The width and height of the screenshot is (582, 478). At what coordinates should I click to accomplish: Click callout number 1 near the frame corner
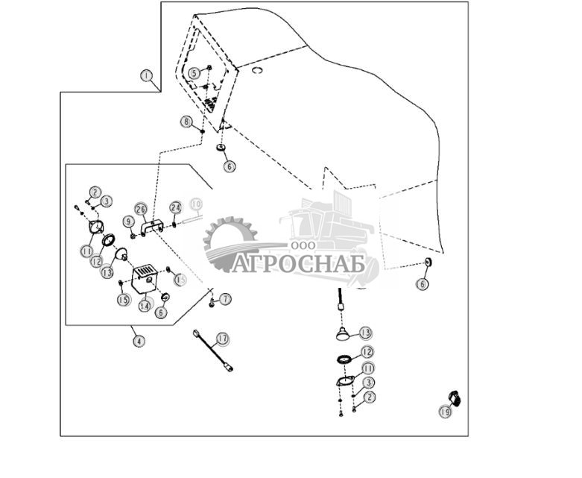pos(146,76)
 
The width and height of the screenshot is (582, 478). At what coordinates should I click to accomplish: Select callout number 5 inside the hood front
pos(194,73)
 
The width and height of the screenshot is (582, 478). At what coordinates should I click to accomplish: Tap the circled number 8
pos(186,122)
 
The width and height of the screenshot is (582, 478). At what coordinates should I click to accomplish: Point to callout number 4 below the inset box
pos(139,341)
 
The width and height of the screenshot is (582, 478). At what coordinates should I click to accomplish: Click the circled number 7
pos(225,298)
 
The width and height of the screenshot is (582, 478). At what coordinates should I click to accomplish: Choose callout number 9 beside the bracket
pos(129,221)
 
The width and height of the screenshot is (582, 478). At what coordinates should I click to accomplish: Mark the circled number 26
pos(141,209)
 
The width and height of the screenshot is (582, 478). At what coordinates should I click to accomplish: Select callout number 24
pos(175,207)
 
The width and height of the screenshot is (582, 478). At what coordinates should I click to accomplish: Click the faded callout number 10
pos(195,204)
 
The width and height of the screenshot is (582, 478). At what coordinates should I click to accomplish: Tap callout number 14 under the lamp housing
pos(145,305)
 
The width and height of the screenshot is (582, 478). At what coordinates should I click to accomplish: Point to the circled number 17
pos(222,339)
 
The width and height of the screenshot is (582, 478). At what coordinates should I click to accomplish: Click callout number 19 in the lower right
pos(445,411)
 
